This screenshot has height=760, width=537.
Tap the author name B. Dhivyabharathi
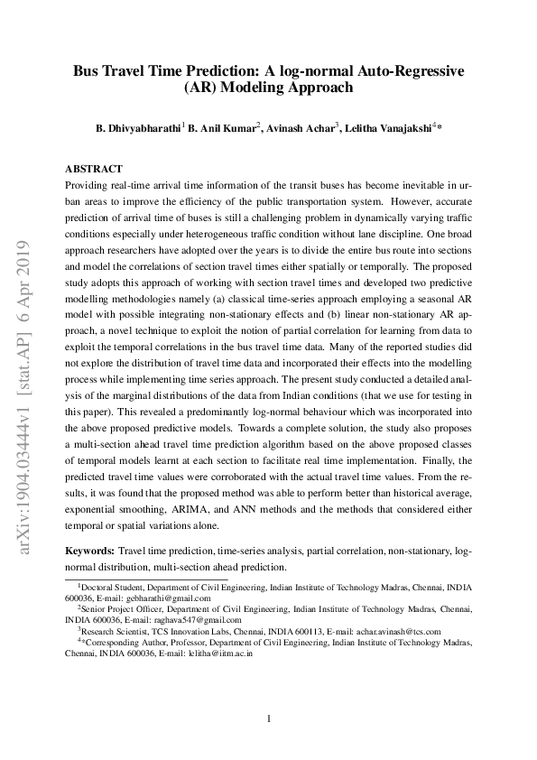pyautogui.click(x=138, y=128)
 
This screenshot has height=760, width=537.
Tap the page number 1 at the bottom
pyautogui.click(x=268, y=718)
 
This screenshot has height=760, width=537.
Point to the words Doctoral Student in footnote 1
pyautogui.click(x=112, y=587)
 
